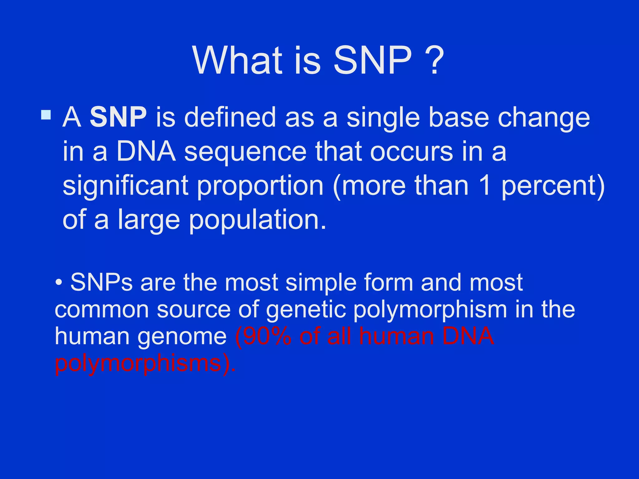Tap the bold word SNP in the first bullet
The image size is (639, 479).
(x=118, y=117)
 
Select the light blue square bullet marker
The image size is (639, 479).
(x=46, y=115)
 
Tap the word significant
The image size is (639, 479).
(x=125, y=186)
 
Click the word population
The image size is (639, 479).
(x=257, y=221)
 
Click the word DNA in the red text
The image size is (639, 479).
(x=468, y=336)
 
